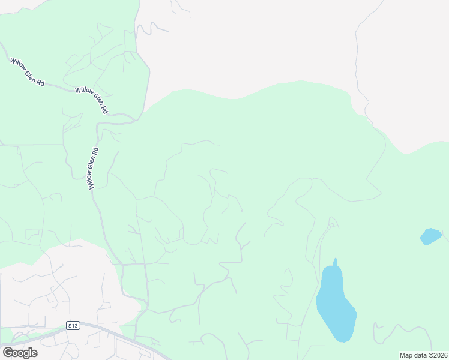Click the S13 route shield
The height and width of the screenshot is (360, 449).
73,326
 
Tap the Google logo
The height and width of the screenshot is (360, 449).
20,352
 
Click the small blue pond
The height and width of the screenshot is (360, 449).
430,236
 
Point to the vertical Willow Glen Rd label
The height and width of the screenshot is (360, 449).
93,169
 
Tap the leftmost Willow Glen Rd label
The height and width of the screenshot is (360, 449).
27,71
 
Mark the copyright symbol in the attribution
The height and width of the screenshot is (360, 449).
429,355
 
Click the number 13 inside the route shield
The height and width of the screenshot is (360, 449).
74,326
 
